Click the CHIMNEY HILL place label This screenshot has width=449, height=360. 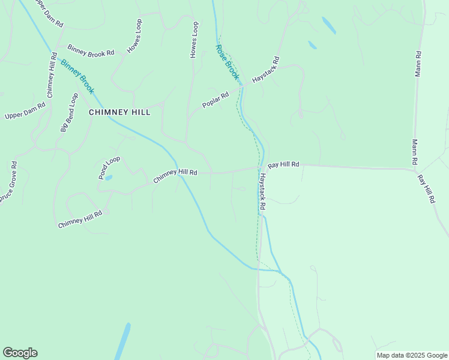tap(119, 112)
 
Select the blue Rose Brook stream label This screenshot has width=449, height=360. tap(228, 62)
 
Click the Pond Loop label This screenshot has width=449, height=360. tap(109, 167)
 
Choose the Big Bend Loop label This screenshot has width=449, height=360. tap(69, 112)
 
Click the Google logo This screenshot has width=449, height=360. tap(20, 353)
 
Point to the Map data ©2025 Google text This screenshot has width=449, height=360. tap(412, 355)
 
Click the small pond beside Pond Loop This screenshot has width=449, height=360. tap(109, 178)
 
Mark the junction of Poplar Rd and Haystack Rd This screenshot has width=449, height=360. tap(242, 86)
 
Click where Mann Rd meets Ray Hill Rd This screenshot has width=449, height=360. tap(415, 169)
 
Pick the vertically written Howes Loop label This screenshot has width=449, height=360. tap(194, 40)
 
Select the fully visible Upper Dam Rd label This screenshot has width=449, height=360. tap(25, 111)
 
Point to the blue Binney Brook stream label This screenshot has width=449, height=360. tap(77, 76)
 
